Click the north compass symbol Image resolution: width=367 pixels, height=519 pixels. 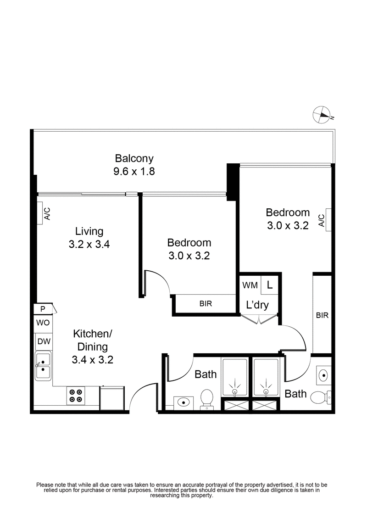tap(323, 114)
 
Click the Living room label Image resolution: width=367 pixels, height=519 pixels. tap(89, 231)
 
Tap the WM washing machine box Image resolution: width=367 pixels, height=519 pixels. tap(250, 285)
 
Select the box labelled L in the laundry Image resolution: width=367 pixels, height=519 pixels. tap(270, 285)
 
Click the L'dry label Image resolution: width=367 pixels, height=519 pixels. tap(257, 305)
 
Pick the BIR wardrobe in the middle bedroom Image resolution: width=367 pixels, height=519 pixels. tap(205, 304)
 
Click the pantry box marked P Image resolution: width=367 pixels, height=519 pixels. tap(43, 309)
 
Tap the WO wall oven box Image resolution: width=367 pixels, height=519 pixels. tap(43, 323)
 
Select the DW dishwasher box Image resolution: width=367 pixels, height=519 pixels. tap(44, 341)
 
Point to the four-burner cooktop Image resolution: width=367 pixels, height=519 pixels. tap(75, 396)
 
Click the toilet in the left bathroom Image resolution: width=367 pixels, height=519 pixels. tap(207, 398)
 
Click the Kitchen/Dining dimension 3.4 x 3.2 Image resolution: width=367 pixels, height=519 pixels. tap(92, 360)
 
